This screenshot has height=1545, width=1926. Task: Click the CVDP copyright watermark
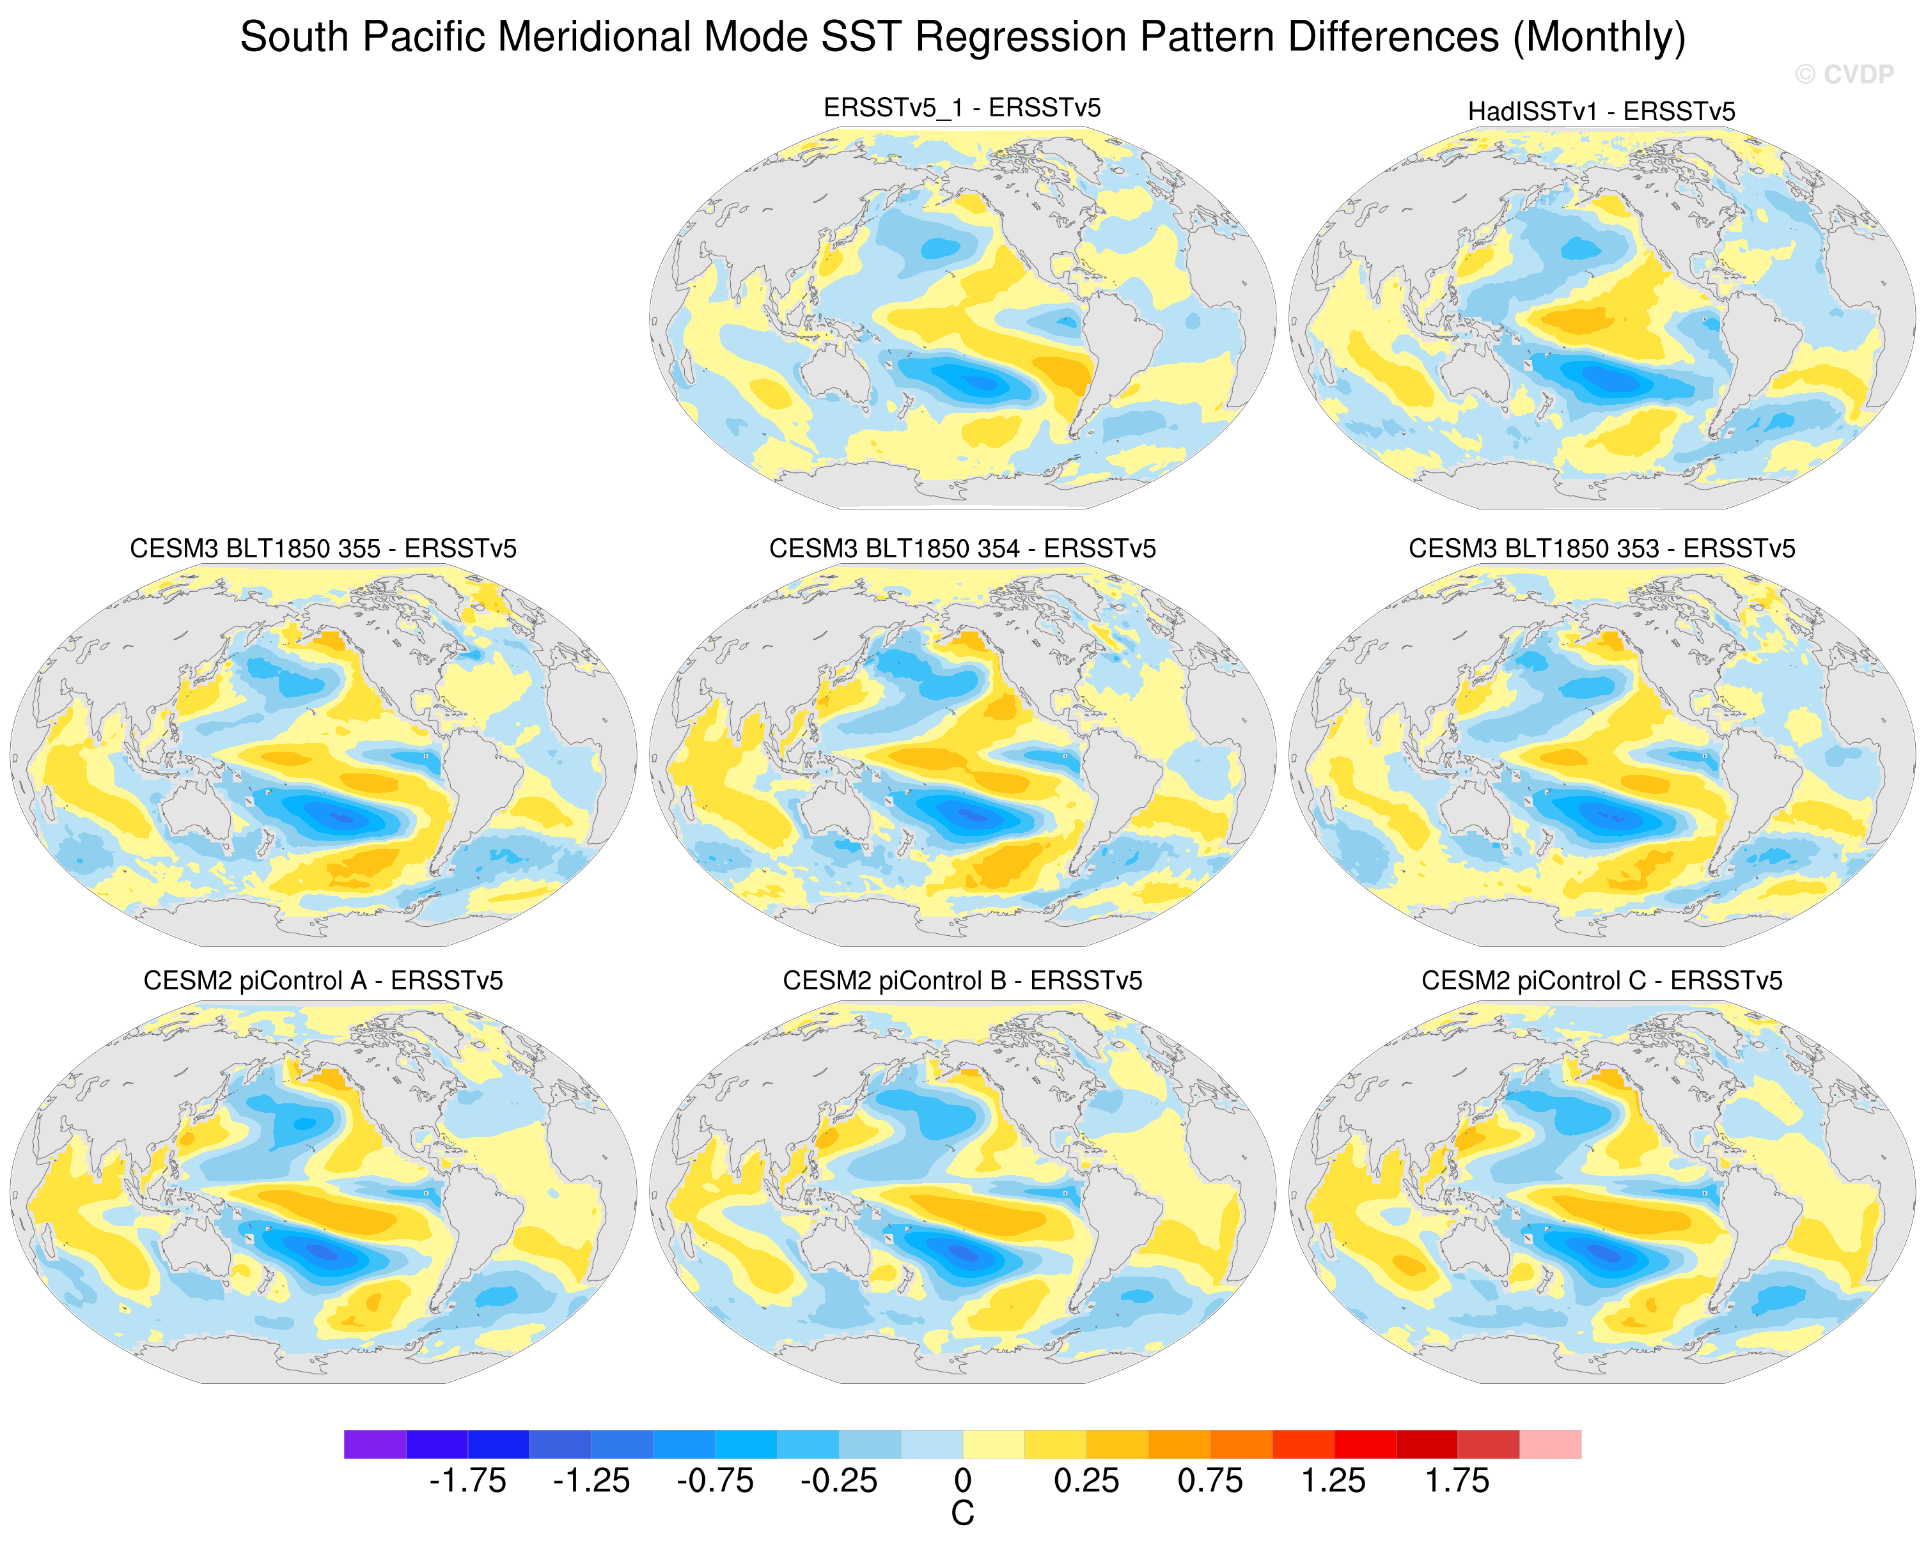1844,74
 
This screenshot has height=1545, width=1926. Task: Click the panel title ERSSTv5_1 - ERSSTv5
962,108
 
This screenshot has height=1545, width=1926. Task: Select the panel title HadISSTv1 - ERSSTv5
1601,112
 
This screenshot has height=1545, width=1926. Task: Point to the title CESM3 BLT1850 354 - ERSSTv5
962,548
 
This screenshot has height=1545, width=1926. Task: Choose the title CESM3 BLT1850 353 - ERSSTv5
1602,548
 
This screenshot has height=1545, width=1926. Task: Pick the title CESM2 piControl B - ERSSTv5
962,981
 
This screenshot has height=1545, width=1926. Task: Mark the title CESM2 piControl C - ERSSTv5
1602,981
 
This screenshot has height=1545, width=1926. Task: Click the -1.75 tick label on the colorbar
467,1480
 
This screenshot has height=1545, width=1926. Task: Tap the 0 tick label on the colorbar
962,1480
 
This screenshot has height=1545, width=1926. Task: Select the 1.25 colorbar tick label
1333,1480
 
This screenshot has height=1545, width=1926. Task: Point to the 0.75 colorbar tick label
1210,1480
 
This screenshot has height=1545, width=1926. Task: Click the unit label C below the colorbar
962,1514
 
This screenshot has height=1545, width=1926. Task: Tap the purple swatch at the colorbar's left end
375,1444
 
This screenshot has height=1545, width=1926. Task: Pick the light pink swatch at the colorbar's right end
1550,1444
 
